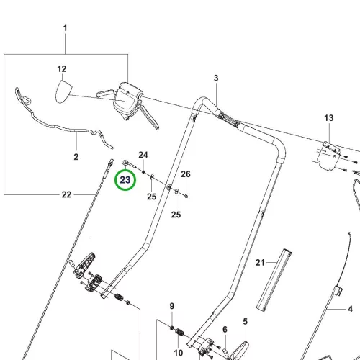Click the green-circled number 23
125,180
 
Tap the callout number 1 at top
65,28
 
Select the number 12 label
62,69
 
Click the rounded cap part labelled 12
63,91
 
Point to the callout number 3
216,78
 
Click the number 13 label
329,118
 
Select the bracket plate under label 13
329,156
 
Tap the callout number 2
76,157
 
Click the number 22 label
66,194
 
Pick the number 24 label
143,155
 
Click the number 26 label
186,174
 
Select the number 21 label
260,263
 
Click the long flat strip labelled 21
274,280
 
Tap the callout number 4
351,309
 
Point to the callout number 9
172,306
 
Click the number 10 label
179,353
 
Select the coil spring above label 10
179,333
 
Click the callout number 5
245,321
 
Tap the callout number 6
225,330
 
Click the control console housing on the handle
128,101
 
